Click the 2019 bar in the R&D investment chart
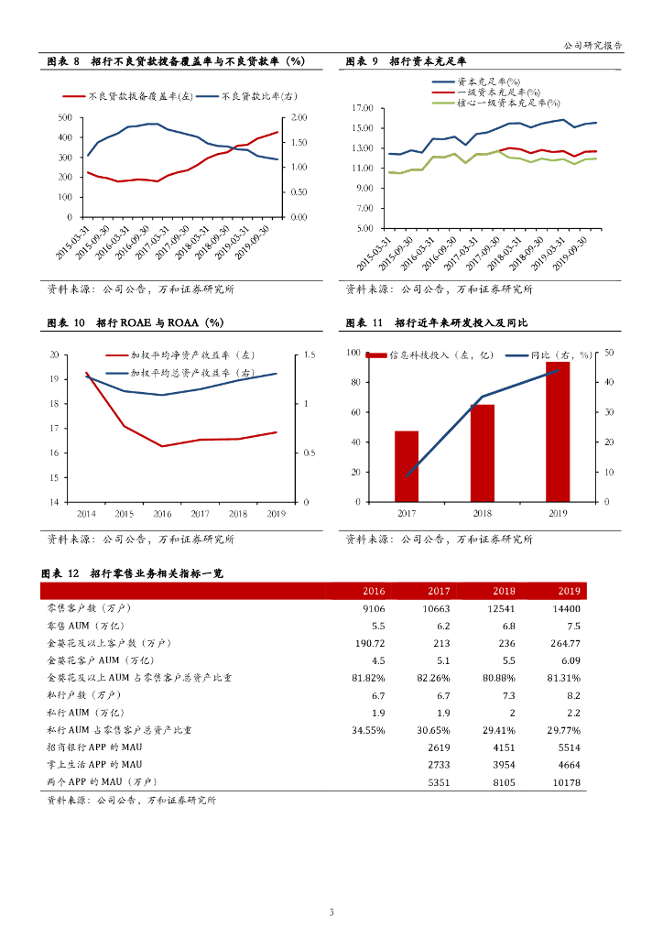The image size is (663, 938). coord(558,431)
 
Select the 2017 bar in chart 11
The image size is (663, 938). coord(407,466)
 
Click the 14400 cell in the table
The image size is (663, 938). coord(567,608)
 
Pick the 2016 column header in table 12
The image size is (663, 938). coord(374,591)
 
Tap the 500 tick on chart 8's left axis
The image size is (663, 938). coord(65,118)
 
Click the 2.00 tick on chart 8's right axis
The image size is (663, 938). coord(299,118)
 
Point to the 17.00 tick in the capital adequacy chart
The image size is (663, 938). coord(364,108)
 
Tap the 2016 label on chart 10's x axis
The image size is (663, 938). coord(162,514)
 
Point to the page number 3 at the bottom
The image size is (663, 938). coord(331,911)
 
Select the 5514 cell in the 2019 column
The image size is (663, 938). coord(569,747)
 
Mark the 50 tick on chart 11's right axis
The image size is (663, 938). coord(610,353)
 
